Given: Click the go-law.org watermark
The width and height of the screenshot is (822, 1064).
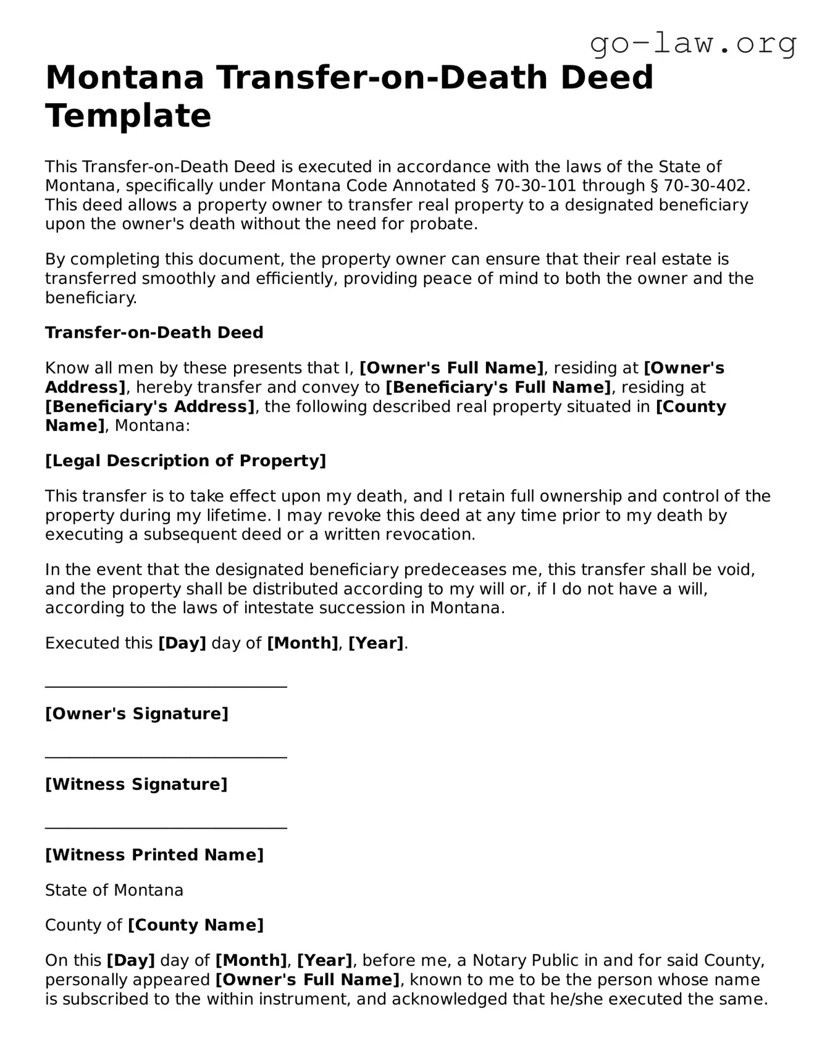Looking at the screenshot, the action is pyautogui.click(x=693, y=43).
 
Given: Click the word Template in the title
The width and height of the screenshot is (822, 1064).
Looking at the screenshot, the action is pyautogui.click(x=128, y=115).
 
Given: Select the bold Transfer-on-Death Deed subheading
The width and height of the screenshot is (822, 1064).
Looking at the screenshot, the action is pyautogui.click(x=154, y=333).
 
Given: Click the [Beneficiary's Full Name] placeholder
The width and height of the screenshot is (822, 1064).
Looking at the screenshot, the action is pyautogui.click(x=498, y=387).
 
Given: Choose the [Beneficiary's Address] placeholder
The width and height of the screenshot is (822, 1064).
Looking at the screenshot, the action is pyautogui.click(x=150, y=407).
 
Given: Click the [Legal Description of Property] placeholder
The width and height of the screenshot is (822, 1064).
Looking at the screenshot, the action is pyautogui.click(x=185, y=461).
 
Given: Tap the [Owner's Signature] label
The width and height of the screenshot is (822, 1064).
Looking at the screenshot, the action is pyautogui.click(x=136, y=714).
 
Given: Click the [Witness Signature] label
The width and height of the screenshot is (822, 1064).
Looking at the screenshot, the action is pyautogui.click(x=136, y=784).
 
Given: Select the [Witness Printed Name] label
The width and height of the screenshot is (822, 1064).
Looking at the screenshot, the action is pyautogui.click(x=154, y=855).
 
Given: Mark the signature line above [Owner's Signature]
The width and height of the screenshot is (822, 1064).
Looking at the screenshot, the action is pyautogui.click(x=166, y=686).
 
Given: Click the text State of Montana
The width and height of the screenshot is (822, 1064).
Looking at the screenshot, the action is pyautogui.click(x=114, y=890).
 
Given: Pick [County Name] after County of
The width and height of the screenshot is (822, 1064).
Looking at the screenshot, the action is pyautogui.click(x=196, y=925).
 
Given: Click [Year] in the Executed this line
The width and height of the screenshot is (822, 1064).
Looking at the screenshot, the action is pyautogui.click(x=376, y=643).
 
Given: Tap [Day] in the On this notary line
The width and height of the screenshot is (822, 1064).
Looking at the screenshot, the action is pyautogui.click(x=131, y=960).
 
